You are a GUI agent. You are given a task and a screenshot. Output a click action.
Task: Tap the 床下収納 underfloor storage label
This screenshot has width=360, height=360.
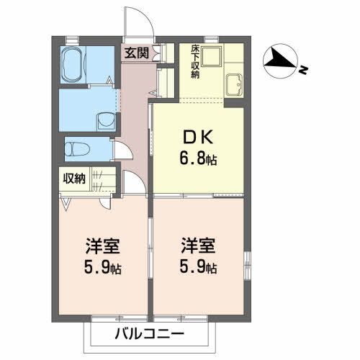point(195,62)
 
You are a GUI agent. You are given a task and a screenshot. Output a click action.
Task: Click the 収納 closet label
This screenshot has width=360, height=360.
point(73,177)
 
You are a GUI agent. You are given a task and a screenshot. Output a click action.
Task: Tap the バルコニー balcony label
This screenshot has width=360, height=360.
point(150,334)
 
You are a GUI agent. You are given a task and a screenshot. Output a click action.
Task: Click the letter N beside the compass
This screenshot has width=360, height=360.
point(305,71)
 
